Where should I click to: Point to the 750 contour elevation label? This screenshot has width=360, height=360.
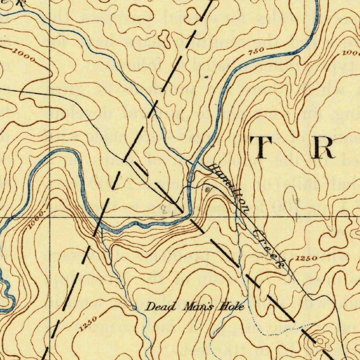(x=256, y=52)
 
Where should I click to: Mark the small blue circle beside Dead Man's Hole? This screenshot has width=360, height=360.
(x=134, y=308)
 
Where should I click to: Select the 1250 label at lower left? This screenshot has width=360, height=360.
(x=87, y=324)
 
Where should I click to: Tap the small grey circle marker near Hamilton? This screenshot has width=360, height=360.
(x=207, y=189)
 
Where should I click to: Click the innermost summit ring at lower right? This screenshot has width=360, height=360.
(x=321, y=340)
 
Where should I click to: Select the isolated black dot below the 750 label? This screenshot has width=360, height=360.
(x=206, y=76)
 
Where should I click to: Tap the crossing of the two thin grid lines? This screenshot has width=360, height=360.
(x=50, y=217)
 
